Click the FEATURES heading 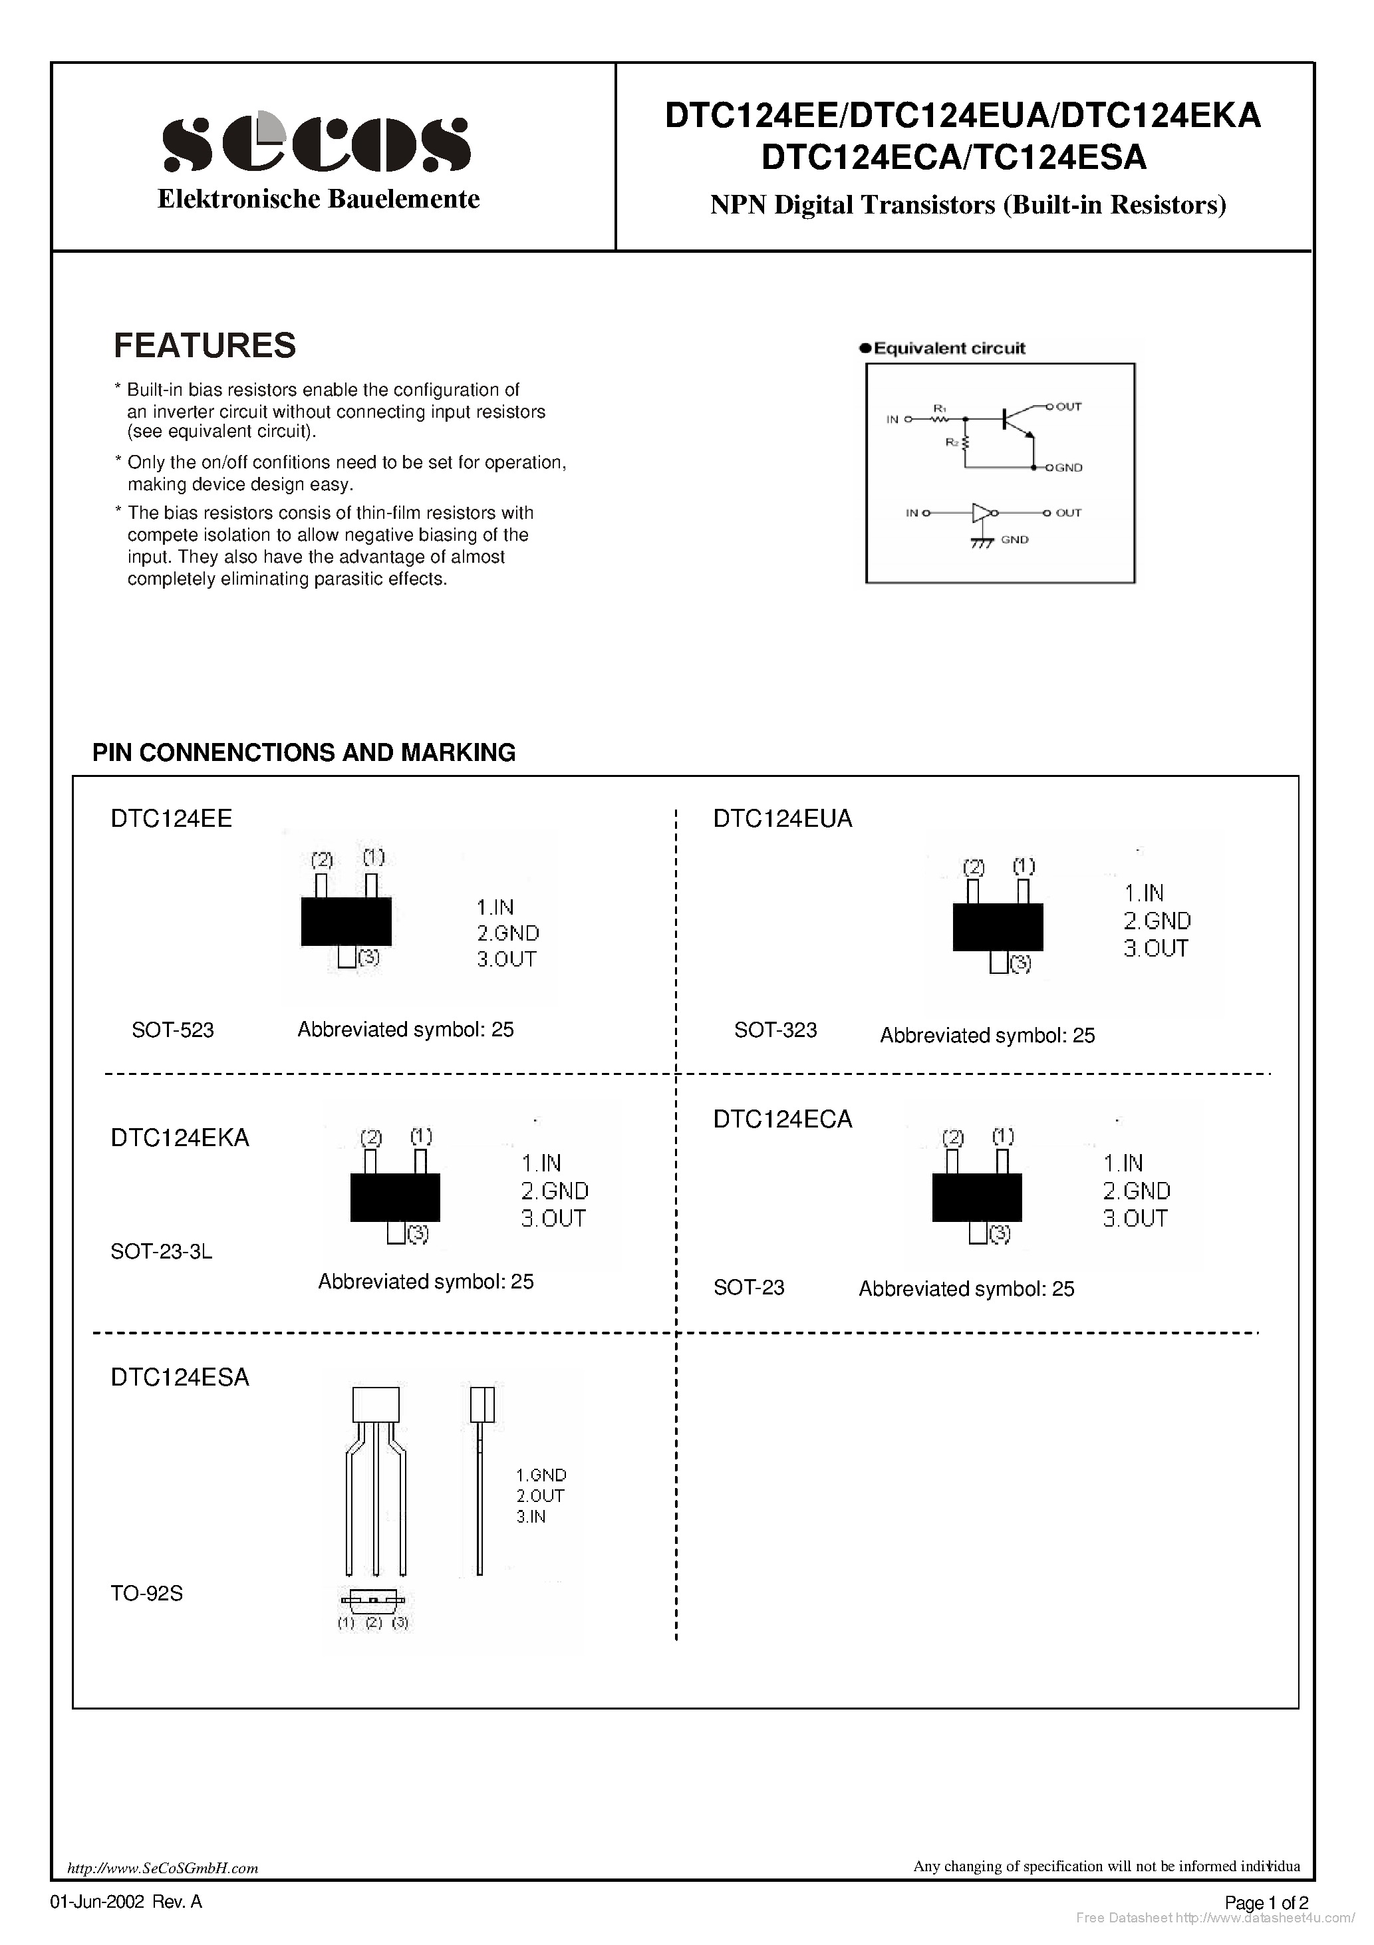point(205,346)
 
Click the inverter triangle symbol point(981,512)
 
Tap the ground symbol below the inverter point(981,542)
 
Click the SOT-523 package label point(173,1030)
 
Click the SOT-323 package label point(775,1030)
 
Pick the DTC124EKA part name point(180,1137)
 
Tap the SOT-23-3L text point(161,1251)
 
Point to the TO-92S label point(146,1593)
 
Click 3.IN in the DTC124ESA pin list point(531,1517)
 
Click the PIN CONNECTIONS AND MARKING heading point(303,752)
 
